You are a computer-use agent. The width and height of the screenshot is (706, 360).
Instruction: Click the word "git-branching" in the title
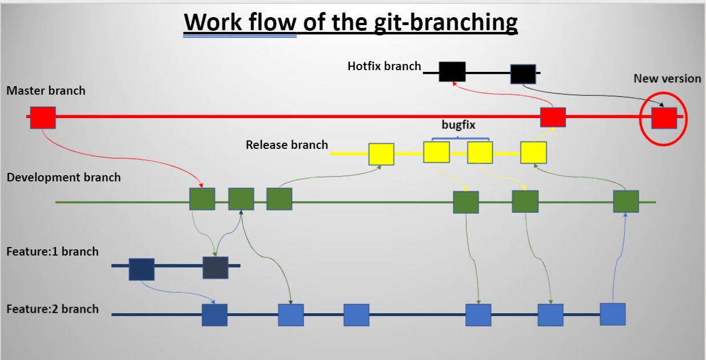coord(446,23)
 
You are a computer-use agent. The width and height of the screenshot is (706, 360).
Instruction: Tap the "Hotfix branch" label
coord(384,66)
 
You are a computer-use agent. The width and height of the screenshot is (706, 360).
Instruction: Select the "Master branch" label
coord(46,91)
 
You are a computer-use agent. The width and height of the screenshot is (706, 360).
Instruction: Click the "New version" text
coord(667,78)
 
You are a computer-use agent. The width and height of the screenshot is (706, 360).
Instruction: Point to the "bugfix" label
coord(458,125)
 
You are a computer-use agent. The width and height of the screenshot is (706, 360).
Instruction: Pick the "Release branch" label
coord(287,145)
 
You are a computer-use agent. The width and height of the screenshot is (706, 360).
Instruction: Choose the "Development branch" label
coord(64,177)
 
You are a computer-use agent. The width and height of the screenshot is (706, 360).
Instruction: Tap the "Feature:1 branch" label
coord(53,252)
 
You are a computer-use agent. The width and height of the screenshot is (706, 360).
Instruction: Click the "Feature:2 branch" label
coord(53,309)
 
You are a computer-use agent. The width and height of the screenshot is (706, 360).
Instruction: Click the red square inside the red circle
coord(664,118)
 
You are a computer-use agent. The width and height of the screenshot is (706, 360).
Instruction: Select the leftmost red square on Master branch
coord(43,118)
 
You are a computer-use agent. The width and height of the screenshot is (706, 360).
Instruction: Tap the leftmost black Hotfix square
coord(452,72)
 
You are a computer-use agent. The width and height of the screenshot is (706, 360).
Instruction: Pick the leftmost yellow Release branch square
coord(381,154)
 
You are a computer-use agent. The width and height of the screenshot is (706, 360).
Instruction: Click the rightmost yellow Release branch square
coord(533,152)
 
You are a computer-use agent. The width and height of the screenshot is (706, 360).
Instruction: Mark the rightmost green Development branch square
coord(626,201)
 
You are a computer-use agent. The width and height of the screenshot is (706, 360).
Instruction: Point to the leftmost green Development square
coord(203,199)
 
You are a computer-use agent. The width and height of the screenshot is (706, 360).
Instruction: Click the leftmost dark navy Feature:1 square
coord(142,269)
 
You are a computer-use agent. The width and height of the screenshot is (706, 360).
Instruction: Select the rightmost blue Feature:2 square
coord(613,314)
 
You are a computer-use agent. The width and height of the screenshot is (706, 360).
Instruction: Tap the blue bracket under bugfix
coord(460,138)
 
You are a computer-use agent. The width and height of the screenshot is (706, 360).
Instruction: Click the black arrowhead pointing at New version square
coord(661,104)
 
